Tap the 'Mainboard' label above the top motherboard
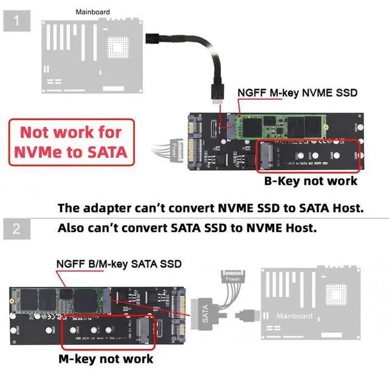tap(92, 12)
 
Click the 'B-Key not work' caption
tap(310, 181)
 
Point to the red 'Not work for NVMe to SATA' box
tap(71, 142)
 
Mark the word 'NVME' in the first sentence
tap(207, 208)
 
